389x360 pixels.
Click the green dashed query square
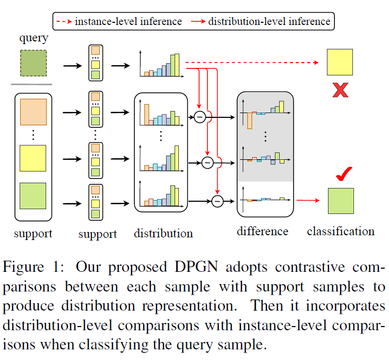(x=33, y=63)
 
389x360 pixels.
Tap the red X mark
(x=340, y=90)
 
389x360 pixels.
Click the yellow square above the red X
(x=340, y=63)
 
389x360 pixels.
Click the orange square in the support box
(x=33, y=113)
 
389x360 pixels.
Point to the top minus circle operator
(x=200, y=116)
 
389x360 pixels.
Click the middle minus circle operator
(x=208, y=161)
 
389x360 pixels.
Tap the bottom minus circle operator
(x=217, y=201)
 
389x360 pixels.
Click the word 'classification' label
(x=340, y=232)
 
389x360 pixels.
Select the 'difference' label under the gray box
(x=263, y=232)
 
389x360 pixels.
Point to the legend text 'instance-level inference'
(x=128, y=22)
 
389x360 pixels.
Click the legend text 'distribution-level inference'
(x=269, y=22)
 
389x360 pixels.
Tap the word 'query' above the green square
(x=33, y=39)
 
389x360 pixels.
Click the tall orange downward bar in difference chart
(x=249, y=121)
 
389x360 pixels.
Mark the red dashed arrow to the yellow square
(x=255, y=63)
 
